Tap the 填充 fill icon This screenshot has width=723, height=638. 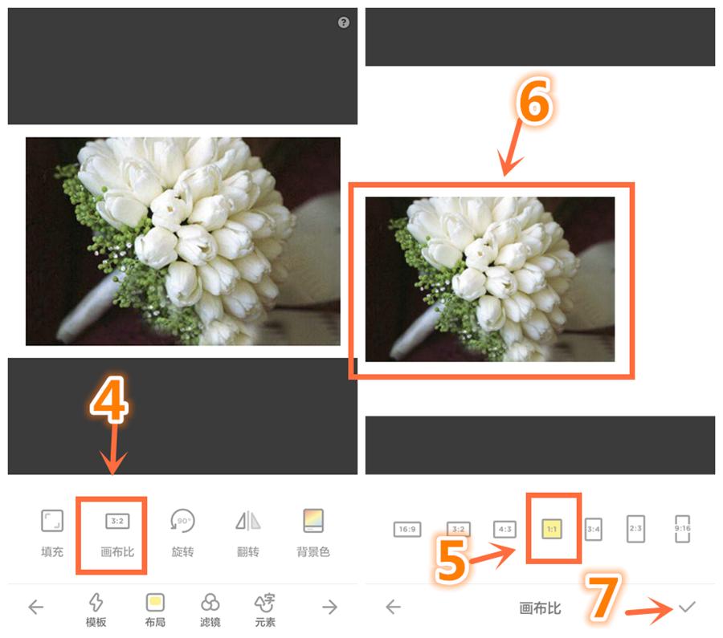[x=51, y=522]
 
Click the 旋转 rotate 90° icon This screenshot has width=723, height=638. [x=182, y=522]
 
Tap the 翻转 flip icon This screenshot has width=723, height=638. [x=247, y=522]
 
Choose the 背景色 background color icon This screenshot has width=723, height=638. [x=312, y=522]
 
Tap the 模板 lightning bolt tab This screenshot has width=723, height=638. [x=96, y=603]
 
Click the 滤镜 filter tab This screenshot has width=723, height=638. [x=210, y=603]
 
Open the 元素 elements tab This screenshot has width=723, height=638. [x=264, y=603]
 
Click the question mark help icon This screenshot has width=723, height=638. [x=344, y=22]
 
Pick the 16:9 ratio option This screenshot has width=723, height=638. [x=407, y=529]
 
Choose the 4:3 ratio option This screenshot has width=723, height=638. [x=504, y=529]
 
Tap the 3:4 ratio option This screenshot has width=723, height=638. [x=593, y=529]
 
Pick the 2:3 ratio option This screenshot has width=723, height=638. [x=635, y=529]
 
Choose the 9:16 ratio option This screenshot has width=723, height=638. [x=683, y=529]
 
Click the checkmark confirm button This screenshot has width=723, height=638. [x=686, y=608]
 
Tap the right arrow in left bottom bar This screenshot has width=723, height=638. [x=329, y=608]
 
